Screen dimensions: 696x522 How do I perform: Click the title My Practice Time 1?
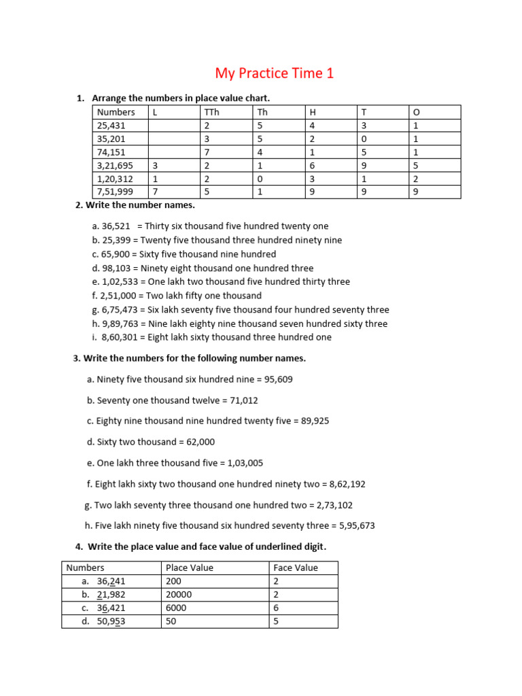click(x=275, y=73)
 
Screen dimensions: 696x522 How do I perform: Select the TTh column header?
click(x=211, y=112)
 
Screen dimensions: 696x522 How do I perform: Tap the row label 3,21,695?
click(x=116, y=166)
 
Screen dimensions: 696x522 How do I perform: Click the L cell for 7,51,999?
click(x=156, y=192)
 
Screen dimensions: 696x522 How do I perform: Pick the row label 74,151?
click(x=111, y=152)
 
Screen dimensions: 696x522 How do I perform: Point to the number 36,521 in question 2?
click(x=116, y=226)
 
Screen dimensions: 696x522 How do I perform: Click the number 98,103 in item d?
click(x=116, y=268)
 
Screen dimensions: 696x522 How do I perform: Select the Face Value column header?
click(x=295, y=568)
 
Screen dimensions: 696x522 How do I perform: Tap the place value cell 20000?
click(x=179, y=594)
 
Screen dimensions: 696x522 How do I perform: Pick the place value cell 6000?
click(x=176, y=608)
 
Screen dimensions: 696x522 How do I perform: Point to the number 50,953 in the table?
click(x=111, y=621)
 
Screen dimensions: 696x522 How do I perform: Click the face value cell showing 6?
click(x=276, y=608)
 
